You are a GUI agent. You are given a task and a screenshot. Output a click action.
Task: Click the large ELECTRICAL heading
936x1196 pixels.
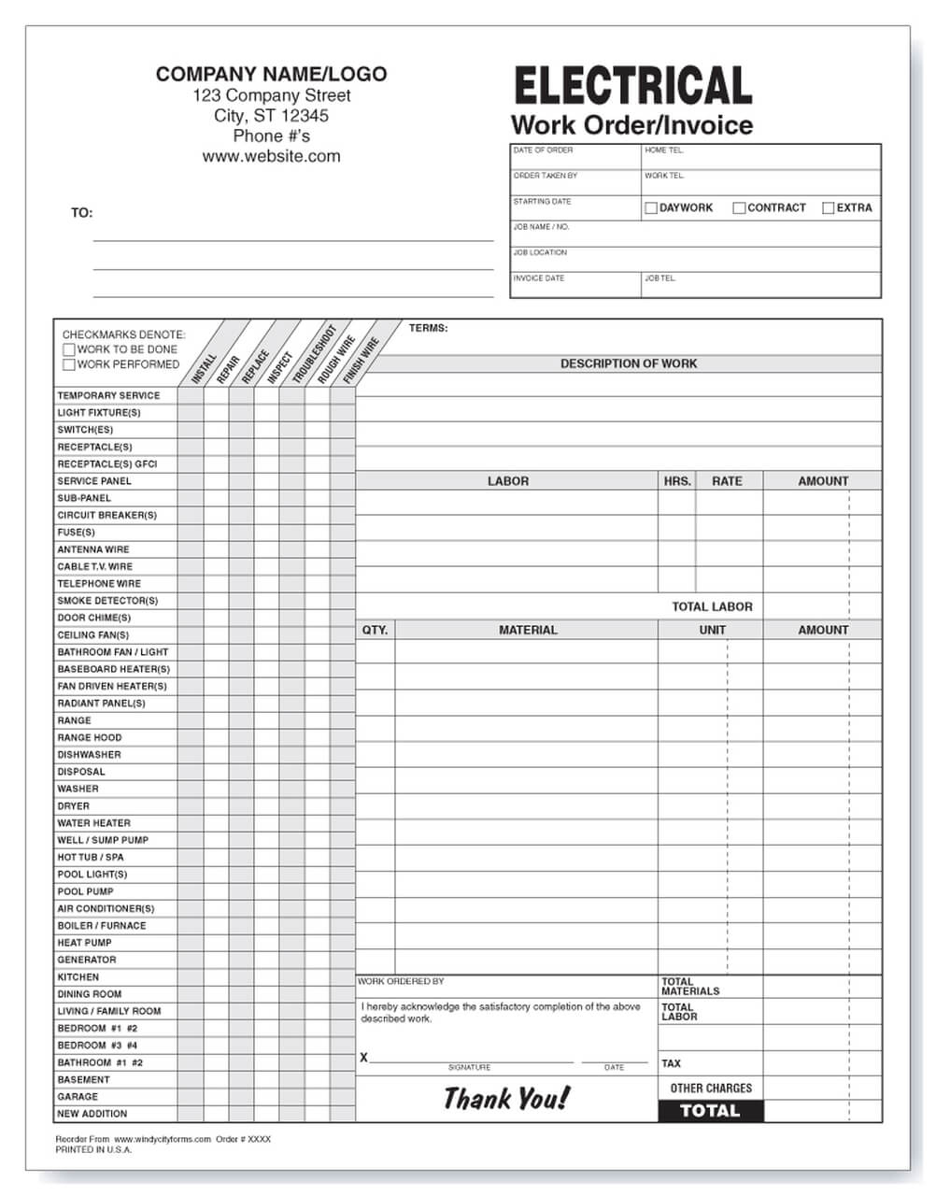pyautogui.click(x=632, y=86)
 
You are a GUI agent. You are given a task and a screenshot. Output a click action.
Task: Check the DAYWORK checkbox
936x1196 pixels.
pyautogui.click(x=651, y=208)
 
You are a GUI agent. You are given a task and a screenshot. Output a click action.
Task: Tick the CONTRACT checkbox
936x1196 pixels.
pyautogui.click(x=739, y=208)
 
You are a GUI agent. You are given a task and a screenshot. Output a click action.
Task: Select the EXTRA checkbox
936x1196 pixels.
pyautogui.click(x=828, y=208)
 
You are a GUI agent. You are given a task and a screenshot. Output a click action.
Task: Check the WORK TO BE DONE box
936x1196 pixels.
pyautogui.click(x=69, y=349)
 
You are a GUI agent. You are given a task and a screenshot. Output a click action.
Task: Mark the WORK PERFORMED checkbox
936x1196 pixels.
pyautogui.click(x=69, y=364)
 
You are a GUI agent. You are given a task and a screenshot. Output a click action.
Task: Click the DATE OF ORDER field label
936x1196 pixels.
pyautogui.click(x=543, y=150)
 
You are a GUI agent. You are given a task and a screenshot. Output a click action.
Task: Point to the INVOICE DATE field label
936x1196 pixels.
pyautogui.click(x=539, y=278)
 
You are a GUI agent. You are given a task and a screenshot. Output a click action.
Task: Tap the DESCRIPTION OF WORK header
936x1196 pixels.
pyautogui.click(x=628, y=363)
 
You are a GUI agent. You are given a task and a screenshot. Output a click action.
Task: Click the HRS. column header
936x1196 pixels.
pyautogui.click(x=677, y=481)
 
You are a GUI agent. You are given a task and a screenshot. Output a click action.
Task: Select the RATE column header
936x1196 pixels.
pyautogui.click(x=727, y=481)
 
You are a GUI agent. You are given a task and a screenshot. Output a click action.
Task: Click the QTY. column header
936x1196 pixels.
pyautogui.click(x=375, y=630)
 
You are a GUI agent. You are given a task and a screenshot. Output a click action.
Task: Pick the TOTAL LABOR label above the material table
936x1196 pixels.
pyautogui.click(x=712, y=606)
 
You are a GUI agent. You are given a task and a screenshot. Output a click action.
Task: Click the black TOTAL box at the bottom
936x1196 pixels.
pyautogui.click(x=710, y=1111)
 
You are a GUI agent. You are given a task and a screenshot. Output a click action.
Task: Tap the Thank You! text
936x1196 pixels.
pyautogui.click(x=505, y=1099)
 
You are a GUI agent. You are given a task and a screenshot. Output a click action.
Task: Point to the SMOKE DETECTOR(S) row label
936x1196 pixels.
pyautogui.click(x=107, y=601)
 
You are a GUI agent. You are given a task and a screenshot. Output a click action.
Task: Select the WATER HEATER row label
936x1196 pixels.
pyautogui.click(x=94, y=823)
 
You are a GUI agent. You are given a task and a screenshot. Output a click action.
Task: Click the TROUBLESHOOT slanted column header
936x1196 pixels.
pyautogui.click(x=314, y=355)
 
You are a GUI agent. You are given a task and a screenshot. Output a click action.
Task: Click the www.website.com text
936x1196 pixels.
pyautogui.click(x=271, y=156)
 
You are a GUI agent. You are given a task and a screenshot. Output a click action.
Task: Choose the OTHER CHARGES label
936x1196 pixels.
pyautogui.click(x=710, y=1088)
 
